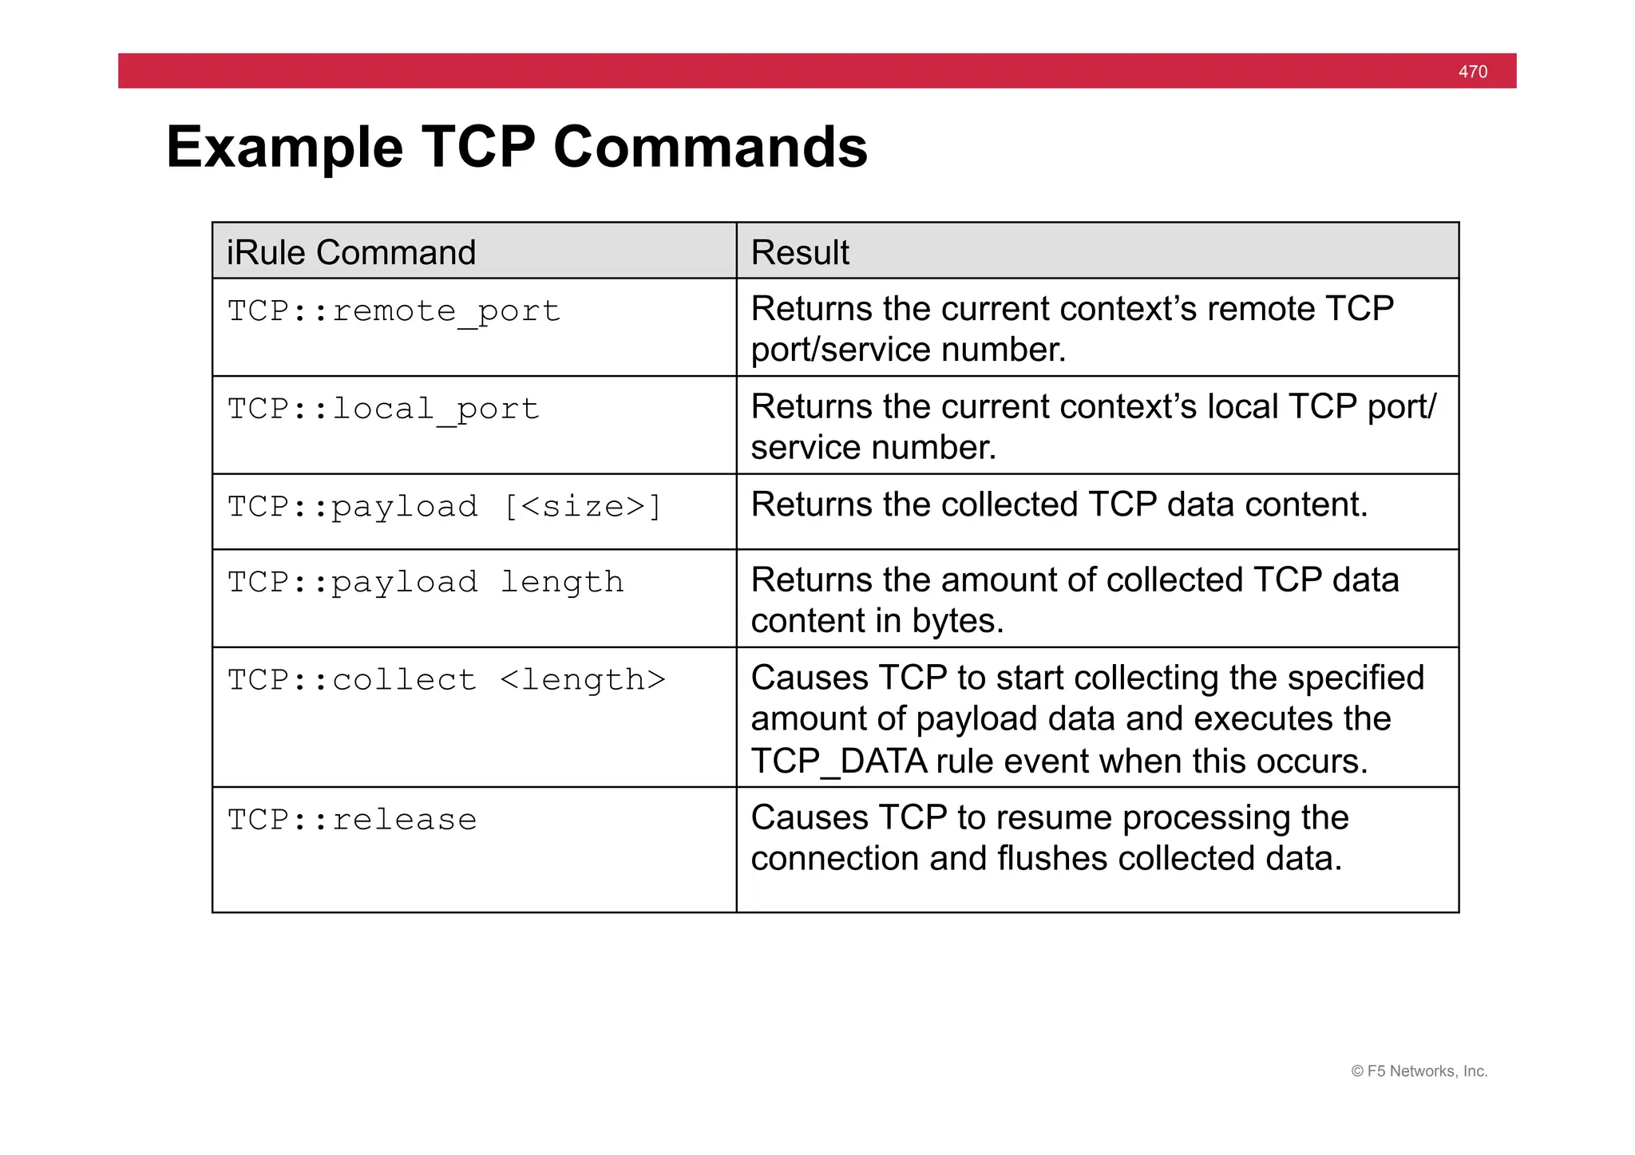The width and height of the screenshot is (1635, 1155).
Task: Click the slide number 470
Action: click(1472, 72)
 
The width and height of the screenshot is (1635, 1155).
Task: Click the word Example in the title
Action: click(285, 148)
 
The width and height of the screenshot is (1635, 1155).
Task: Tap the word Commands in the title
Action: click(710, 148)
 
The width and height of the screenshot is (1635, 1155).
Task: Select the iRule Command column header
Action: click(351, 252)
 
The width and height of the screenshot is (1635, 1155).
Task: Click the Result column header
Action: click(800, 252)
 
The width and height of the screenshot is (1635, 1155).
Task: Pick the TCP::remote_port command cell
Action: click(394, 311)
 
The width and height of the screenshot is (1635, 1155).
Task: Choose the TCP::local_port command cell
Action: click(383, 409)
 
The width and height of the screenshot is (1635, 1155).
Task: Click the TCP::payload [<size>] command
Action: click(445, 507)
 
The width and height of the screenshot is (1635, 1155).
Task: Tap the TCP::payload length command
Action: click(426, 582)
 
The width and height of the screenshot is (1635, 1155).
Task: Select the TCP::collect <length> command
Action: click(446, 680)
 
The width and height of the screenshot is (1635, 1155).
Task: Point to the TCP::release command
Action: click(352, 820)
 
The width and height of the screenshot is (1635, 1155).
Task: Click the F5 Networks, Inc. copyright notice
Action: click(1419, 1071)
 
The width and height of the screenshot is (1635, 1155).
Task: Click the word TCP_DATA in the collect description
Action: click(839, 761)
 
